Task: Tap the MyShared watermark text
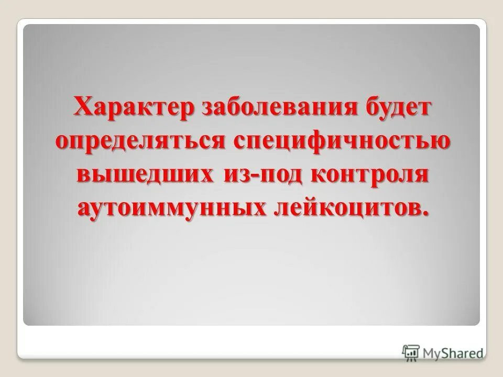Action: click(454, 352)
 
